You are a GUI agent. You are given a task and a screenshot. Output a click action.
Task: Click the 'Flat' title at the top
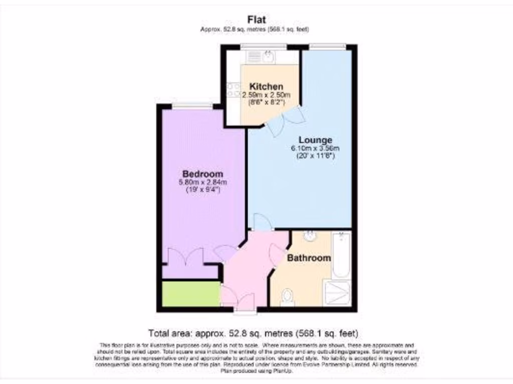(x=256, y=19)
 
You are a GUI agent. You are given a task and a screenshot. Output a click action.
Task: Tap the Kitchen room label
(x=266, y=86)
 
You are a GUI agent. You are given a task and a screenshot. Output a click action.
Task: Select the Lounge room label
(x=315, y=139)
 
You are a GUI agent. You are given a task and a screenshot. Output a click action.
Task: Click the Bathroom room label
(x=309, y=258)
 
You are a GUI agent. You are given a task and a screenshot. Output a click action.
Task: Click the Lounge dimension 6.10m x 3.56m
(x=315, y=148)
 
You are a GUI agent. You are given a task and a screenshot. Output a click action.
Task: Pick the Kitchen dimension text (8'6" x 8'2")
(x=266, y=102)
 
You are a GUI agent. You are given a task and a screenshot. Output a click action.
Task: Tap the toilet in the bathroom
(x=288, y=297)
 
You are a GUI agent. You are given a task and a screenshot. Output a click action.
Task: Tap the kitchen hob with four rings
(x=233, y=89)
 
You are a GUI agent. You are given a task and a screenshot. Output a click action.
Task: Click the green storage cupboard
(x=191, y=294)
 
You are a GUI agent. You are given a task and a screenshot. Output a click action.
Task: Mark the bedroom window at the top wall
(x=192, y=105)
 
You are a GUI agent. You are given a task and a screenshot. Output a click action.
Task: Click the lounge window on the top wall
(x=327, y=47)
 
